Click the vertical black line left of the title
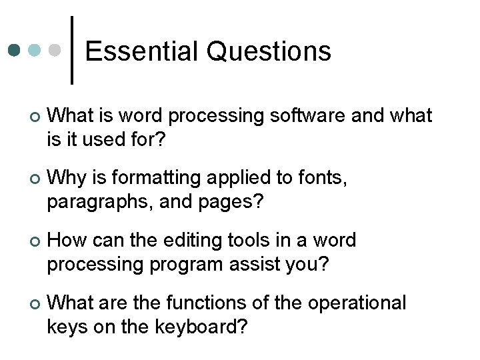coord(72,50)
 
